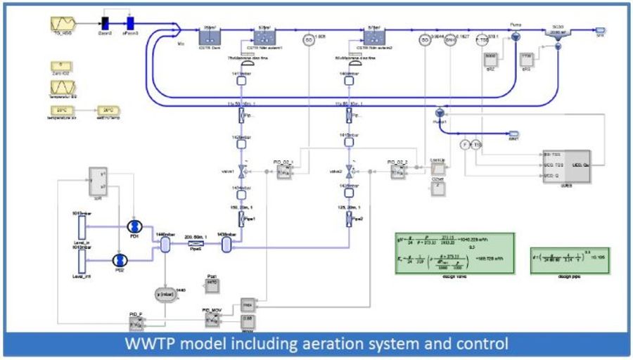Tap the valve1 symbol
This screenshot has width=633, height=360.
point(241,171)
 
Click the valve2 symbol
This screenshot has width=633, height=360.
point(350,171)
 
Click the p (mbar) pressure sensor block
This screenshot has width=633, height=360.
point(166,291)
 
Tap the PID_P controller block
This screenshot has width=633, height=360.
point(136,323)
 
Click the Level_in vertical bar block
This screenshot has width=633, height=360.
point(82,226)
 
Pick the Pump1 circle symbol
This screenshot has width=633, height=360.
point(439,112)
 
